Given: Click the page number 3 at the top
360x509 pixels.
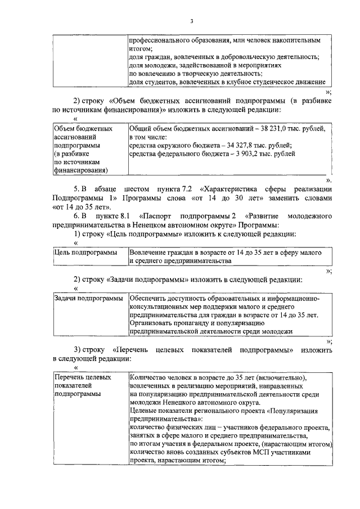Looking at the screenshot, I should click(x=191, y=22).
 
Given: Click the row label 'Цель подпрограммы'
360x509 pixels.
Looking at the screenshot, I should click(x=85, y=253).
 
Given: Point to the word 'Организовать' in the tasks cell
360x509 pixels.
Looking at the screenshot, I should click(x=153, y=323).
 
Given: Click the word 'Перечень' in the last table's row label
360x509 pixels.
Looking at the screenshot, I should click(x=69, y=377).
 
